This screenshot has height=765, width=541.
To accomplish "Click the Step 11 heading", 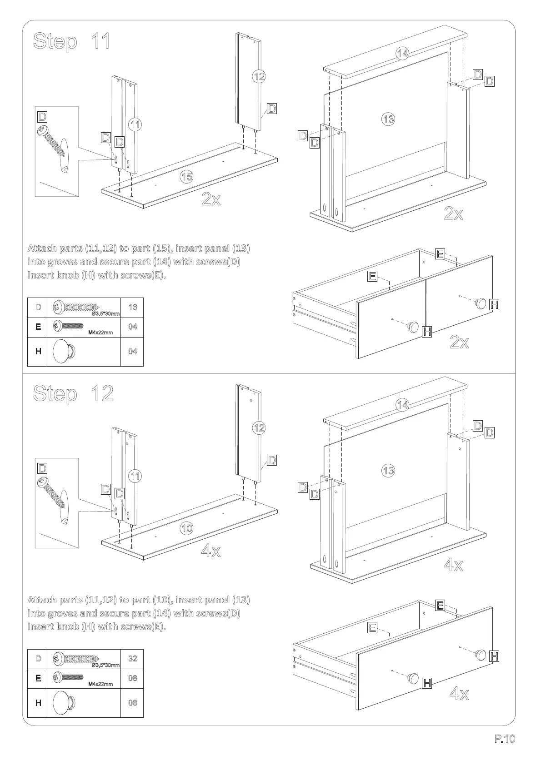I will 71,42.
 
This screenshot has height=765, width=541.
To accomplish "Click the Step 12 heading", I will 73,393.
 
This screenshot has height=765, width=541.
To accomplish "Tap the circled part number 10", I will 187,528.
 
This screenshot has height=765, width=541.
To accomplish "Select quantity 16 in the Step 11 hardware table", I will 132,307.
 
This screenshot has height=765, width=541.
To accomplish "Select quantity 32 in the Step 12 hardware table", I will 132,659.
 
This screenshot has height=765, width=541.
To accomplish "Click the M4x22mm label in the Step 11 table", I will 100,333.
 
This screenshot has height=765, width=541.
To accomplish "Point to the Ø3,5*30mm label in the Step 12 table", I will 105,665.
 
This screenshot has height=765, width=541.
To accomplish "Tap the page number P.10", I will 505,739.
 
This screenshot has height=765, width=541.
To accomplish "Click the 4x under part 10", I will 211,551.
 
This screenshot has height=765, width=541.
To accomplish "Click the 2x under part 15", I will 211,199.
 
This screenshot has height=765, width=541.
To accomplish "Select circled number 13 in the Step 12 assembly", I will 388,470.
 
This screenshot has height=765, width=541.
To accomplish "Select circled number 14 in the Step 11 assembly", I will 402,54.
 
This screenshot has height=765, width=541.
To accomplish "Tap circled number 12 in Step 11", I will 259,76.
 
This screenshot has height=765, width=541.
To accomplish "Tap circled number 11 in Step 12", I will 135,476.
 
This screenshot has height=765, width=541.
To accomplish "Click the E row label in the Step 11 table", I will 38,327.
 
